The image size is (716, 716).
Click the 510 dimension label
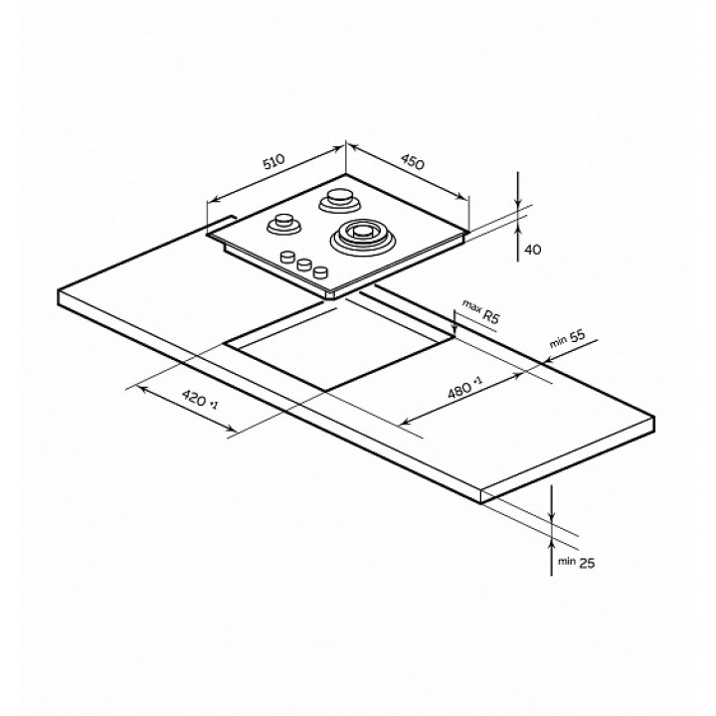click(x=274, y=162)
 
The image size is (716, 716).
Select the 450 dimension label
click(x=413, y=162)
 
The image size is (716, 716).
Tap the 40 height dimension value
click(x=533, y=250)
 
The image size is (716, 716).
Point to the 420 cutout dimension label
click(x=201, y=399)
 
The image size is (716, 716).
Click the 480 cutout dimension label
click(x=464, y=388)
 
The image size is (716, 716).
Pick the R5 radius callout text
click(x=491, y=316)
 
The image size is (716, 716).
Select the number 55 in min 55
click(x=577, y=336)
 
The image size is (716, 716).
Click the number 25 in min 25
click(x=587, y=564)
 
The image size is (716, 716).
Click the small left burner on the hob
click(x=284, y=224)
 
